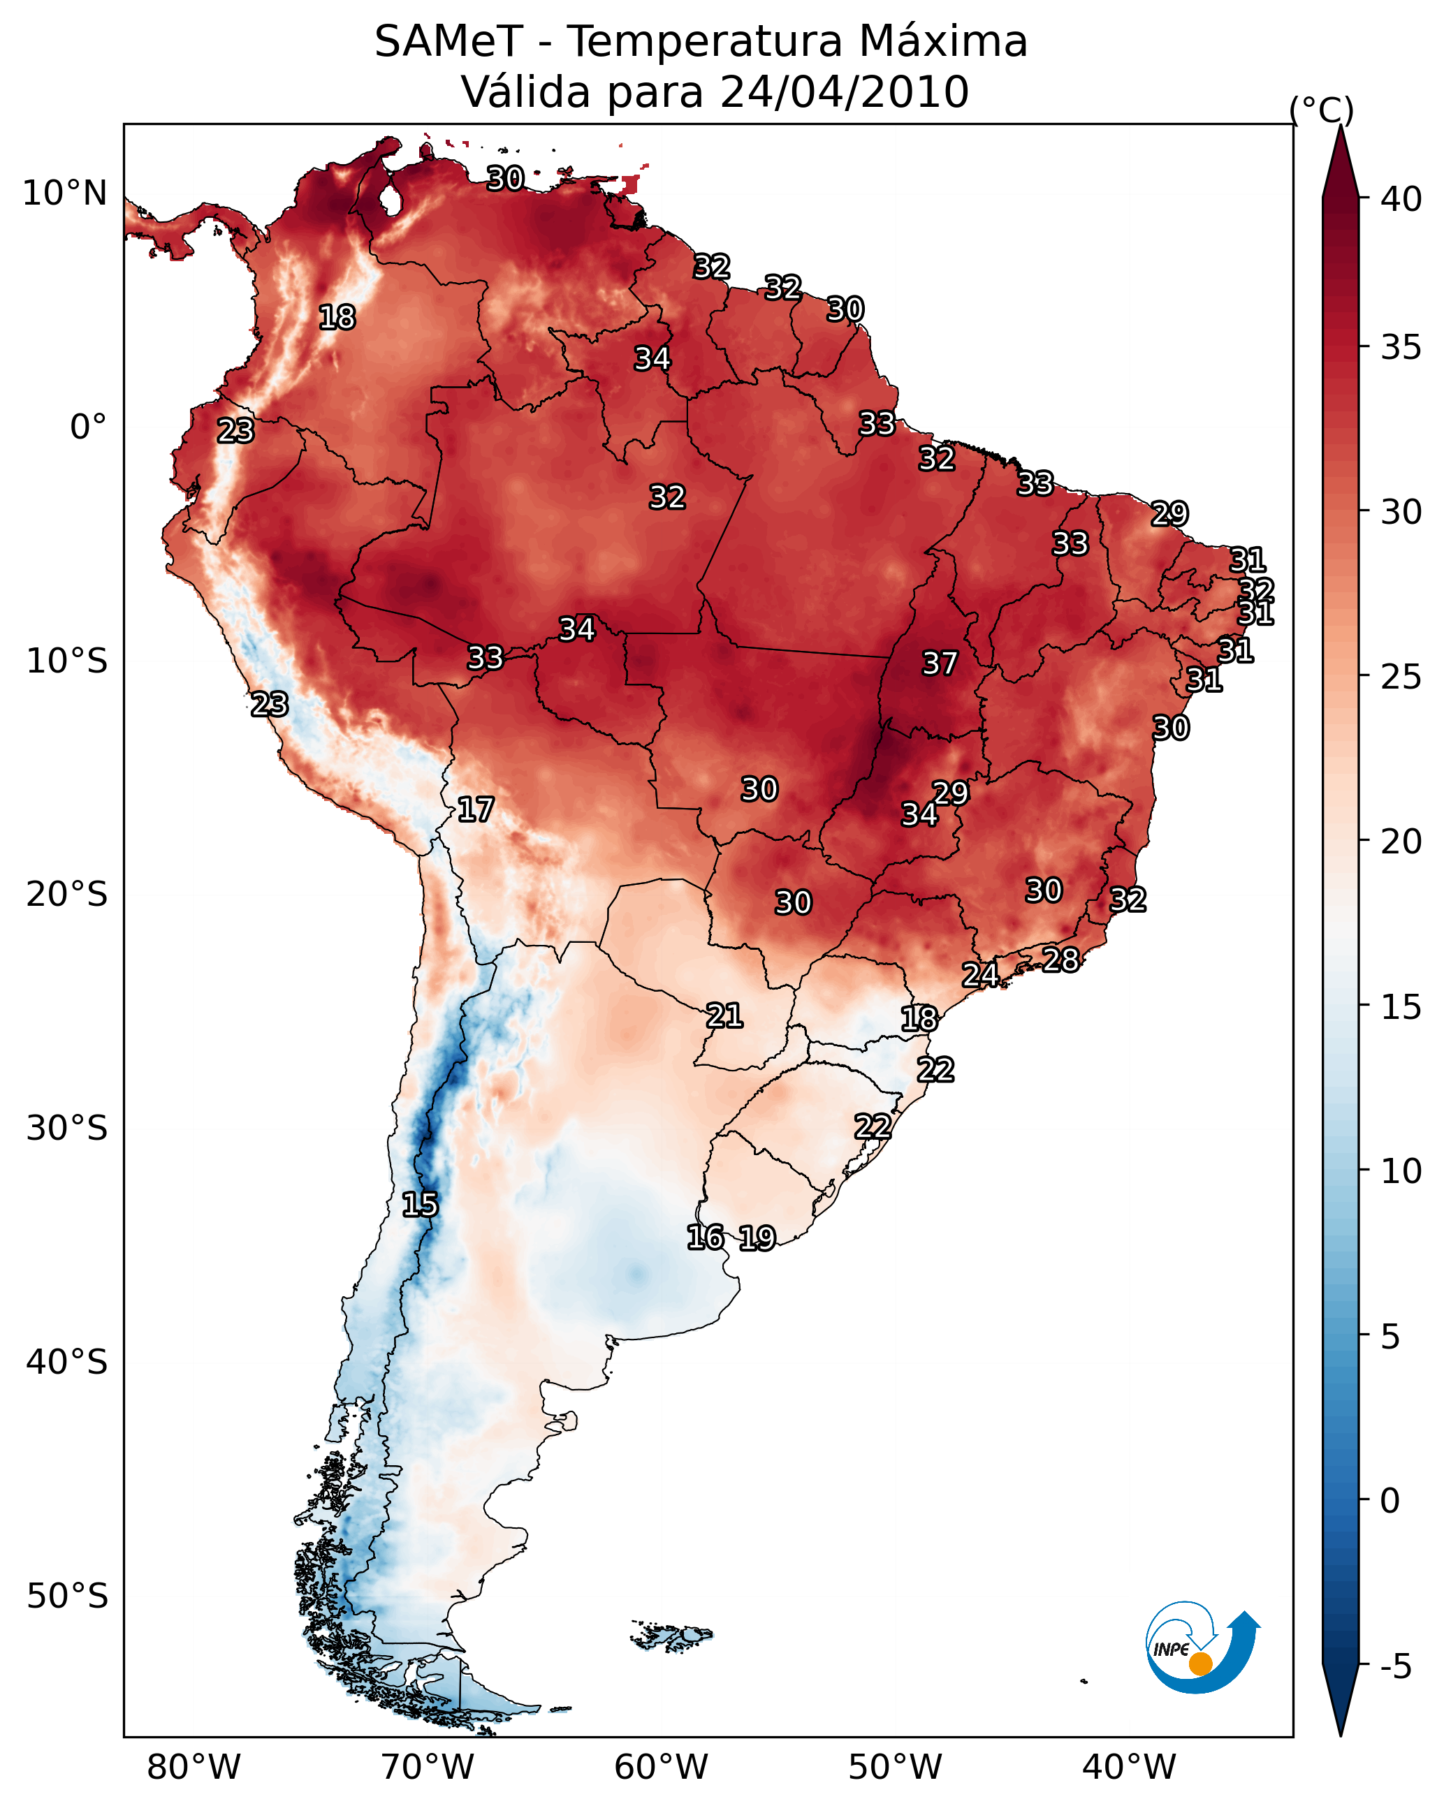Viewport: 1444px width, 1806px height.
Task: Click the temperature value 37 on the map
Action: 940,663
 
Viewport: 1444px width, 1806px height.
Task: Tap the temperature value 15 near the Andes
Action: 420,1205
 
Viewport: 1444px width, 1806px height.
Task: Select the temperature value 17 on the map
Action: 475,809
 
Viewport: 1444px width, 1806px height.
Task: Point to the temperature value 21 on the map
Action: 724,1015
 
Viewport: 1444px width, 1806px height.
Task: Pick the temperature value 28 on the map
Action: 1060,959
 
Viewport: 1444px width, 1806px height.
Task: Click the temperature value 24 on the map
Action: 979,974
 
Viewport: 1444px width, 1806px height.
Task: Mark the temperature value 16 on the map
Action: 705,1238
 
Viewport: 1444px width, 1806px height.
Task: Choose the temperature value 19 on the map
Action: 757,1238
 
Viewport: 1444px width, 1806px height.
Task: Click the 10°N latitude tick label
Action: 64,193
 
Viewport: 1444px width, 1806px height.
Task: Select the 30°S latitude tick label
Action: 67,1129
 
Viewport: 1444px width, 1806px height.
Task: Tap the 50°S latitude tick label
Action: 67,1596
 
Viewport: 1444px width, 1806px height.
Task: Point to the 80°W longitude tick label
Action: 194,1767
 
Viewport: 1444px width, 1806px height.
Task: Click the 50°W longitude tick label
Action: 895,1767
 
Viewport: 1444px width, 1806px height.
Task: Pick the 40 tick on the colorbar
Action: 1401,199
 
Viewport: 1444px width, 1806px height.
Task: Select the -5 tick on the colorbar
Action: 1395,1666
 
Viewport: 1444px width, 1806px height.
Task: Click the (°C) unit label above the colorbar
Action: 1322,110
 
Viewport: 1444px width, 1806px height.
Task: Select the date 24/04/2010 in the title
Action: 844,91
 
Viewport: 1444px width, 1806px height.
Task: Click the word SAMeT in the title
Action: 448,41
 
